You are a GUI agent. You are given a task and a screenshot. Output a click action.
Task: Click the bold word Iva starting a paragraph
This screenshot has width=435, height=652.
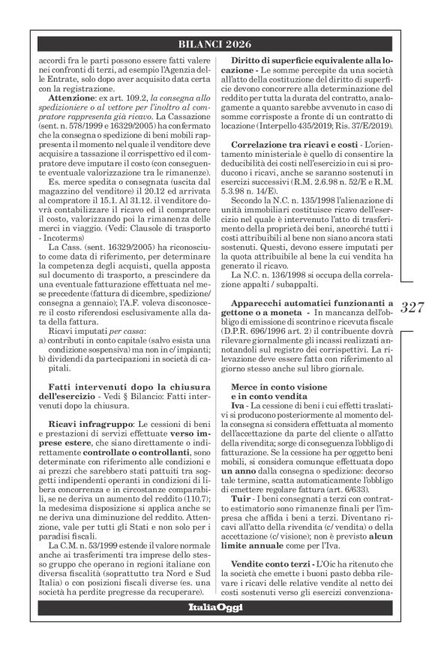(237, 406)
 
